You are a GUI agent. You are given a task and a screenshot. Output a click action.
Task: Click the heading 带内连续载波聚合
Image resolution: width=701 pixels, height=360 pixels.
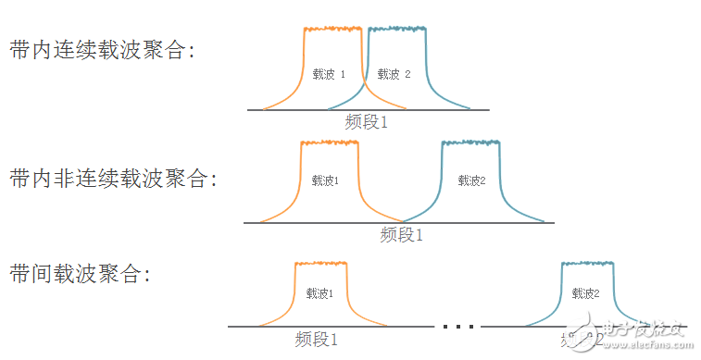[102, 51]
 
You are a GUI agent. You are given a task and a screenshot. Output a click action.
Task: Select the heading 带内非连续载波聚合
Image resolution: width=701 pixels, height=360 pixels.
[113, 179]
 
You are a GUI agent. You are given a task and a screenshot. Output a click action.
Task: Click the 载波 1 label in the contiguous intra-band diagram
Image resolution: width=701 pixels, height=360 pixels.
[329, 74]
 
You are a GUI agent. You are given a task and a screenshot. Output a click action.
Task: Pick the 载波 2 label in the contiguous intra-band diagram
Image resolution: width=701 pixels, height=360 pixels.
[394, 74]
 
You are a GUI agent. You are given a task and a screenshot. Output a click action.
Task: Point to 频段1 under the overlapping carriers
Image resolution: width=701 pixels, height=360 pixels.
[366, 121]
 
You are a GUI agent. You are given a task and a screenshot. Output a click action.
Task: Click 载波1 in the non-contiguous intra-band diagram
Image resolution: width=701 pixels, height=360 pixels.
[325, 180]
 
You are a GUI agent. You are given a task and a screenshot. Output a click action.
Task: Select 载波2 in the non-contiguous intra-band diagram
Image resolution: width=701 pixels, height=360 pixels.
[471, 180]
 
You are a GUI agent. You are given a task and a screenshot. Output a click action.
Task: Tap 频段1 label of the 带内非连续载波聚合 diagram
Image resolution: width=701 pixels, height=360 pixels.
[401, 235]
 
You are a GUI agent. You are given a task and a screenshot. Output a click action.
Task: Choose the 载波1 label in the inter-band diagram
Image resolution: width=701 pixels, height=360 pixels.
[319, 294]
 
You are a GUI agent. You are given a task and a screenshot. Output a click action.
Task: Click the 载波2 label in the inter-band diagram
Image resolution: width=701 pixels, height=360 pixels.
[586, 294]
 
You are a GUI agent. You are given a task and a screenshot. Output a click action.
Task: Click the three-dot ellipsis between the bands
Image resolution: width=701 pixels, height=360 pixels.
[458, 326]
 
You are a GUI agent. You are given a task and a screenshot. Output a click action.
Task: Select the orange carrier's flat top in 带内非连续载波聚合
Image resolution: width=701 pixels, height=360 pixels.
[330, 143]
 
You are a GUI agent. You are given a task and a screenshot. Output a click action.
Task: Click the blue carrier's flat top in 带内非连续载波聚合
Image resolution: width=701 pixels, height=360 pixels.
[470, 143]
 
